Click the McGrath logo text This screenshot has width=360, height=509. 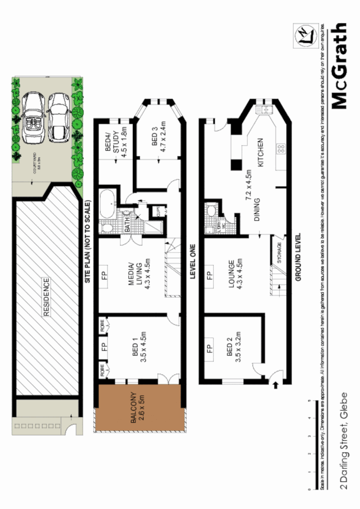[339, 66]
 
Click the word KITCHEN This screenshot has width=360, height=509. [261, 153]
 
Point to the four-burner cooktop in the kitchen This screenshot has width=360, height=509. [281, 149]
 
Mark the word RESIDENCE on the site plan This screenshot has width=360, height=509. [46, 297]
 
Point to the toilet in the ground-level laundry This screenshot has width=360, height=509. [210, 210]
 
